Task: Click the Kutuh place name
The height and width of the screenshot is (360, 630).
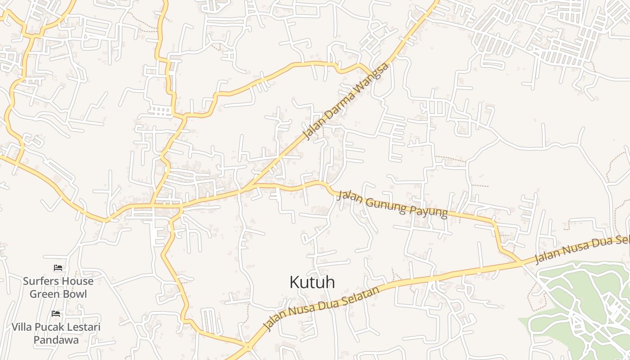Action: tap(312, 282)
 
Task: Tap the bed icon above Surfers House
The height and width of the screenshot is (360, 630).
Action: tap(58, 268)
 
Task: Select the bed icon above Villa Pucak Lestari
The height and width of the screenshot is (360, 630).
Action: tap(56, 313)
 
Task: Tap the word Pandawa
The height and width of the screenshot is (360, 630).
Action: tap(56, 340)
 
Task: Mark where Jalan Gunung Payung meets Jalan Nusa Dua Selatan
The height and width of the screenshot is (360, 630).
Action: tap(522, 261)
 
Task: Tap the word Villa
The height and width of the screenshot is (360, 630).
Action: tap(22, 327)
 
